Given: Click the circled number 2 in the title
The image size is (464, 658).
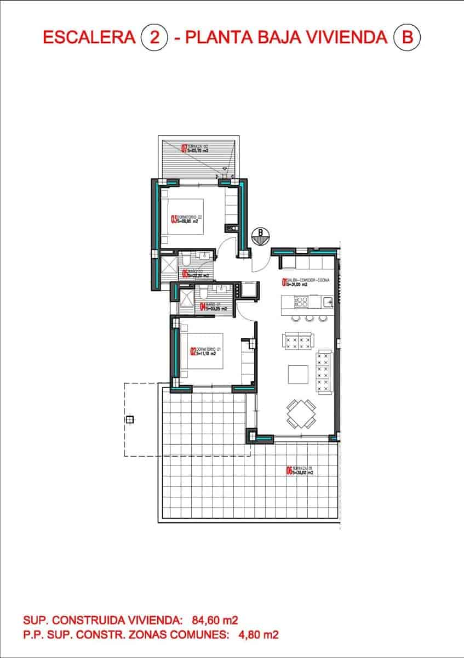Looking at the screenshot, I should (x=153, y=37).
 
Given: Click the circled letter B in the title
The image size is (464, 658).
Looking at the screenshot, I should (x=407, y=37).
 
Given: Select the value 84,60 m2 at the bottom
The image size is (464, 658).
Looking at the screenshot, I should (x=215, y=621).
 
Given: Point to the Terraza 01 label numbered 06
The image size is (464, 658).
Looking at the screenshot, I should (x=300, y=470).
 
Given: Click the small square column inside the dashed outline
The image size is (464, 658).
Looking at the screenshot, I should (x=130, y=420).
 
